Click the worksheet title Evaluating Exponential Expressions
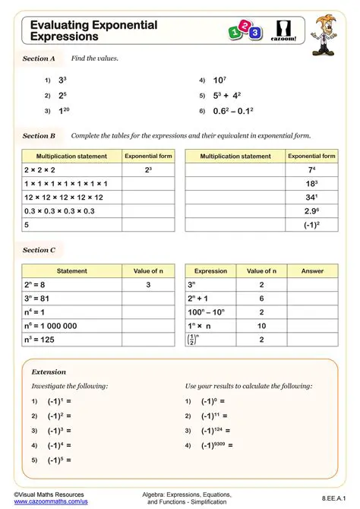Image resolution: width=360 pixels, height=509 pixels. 93,30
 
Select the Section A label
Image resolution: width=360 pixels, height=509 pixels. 39,58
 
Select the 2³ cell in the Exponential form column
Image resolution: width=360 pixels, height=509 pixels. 148,170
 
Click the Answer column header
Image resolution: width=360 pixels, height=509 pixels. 312,270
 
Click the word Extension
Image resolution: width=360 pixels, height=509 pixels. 49,372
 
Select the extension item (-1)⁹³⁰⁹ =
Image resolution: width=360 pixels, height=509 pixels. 217,445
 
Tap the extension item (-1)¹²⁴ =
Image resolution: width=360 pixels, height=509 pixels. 216,430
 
